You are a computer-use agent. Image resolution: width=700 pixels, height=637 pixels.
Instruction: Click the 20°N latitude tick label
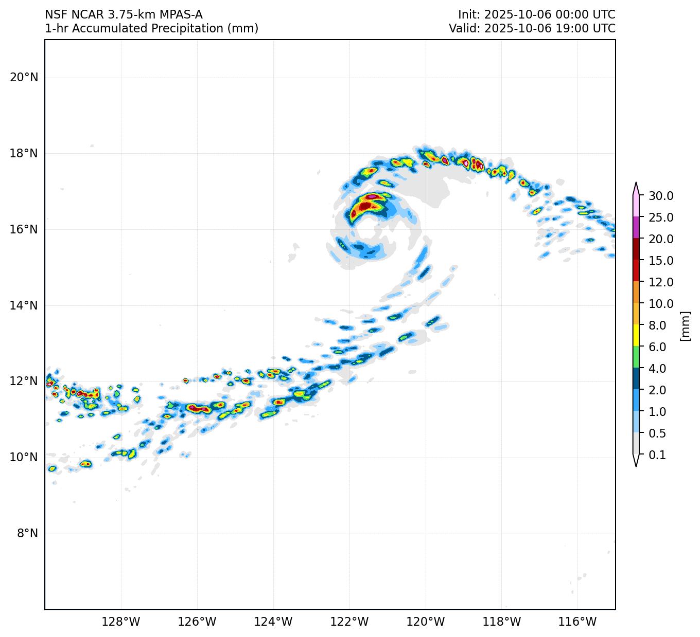coord(24,78)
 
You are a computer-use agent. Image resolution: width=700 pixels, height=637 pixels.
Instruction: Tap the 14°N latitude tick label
coord(24,306)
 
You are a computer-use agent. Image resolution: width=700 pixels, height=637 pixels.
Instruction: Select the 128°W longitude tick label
coord(121,622)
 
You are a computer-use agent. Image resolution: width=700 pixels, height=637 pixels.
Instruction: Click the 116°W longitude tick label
coord(577,622)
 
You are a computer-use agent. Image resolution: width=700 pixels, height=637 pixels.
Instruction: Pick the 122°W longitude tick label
coord(349,622)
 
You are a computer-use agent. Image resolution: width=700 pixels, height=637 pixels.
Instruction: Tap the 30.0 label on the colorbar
coord(661,196)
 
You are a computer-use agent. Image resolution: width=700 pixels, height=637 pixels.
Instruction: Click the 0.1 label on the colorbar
coord(657,455)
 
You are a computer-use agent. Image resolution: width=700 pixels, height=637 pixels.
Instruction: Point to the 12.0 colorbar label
coord(661,282)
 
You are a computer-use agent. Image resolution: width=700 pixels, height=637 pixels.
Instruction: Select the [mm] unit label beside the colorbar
coord(685,325)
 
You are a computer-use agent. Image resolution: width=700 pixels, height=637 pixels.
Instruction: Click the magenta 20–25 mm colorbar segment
coord(636,227)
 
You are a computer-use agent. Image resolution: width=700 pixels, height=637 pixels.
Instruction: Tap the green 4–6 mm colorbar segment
coord(636,357)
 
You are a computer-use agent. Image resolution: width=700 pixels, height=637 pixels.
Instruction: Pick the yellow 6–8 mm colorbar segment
coord(636,335)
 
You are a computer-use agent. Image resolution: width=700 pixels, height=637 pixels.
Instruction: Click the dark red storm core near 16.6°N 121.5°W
coord(365,206)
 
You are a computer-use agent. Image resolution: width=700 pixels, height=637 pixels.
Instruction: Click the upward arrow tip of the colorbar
coord(636,183)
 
